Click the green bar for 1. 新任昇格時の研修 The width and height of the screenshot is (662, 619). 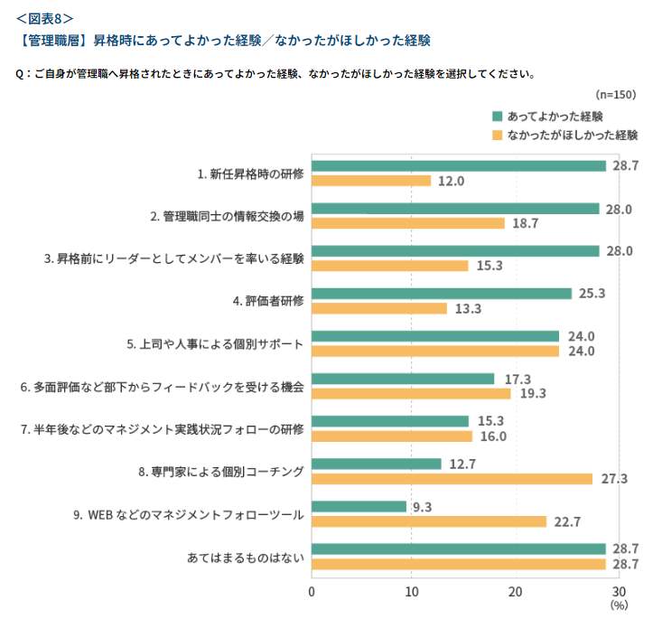459,166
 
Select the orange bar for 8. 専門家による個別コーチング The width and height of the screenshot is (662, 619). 452,479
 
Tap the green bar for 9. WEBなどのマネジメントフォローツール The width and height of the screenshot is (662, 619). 359,507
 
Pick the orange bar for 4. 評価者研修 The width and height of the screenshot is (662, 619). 379,309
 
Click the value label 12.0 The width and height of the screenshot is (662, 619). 451,182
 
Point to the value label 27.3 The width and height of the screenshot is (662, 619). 612,479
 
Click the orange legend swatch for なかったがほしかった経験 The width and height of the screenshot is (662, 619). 497,135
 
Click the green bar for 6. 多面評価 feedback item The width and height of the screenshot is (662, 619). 403,380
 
